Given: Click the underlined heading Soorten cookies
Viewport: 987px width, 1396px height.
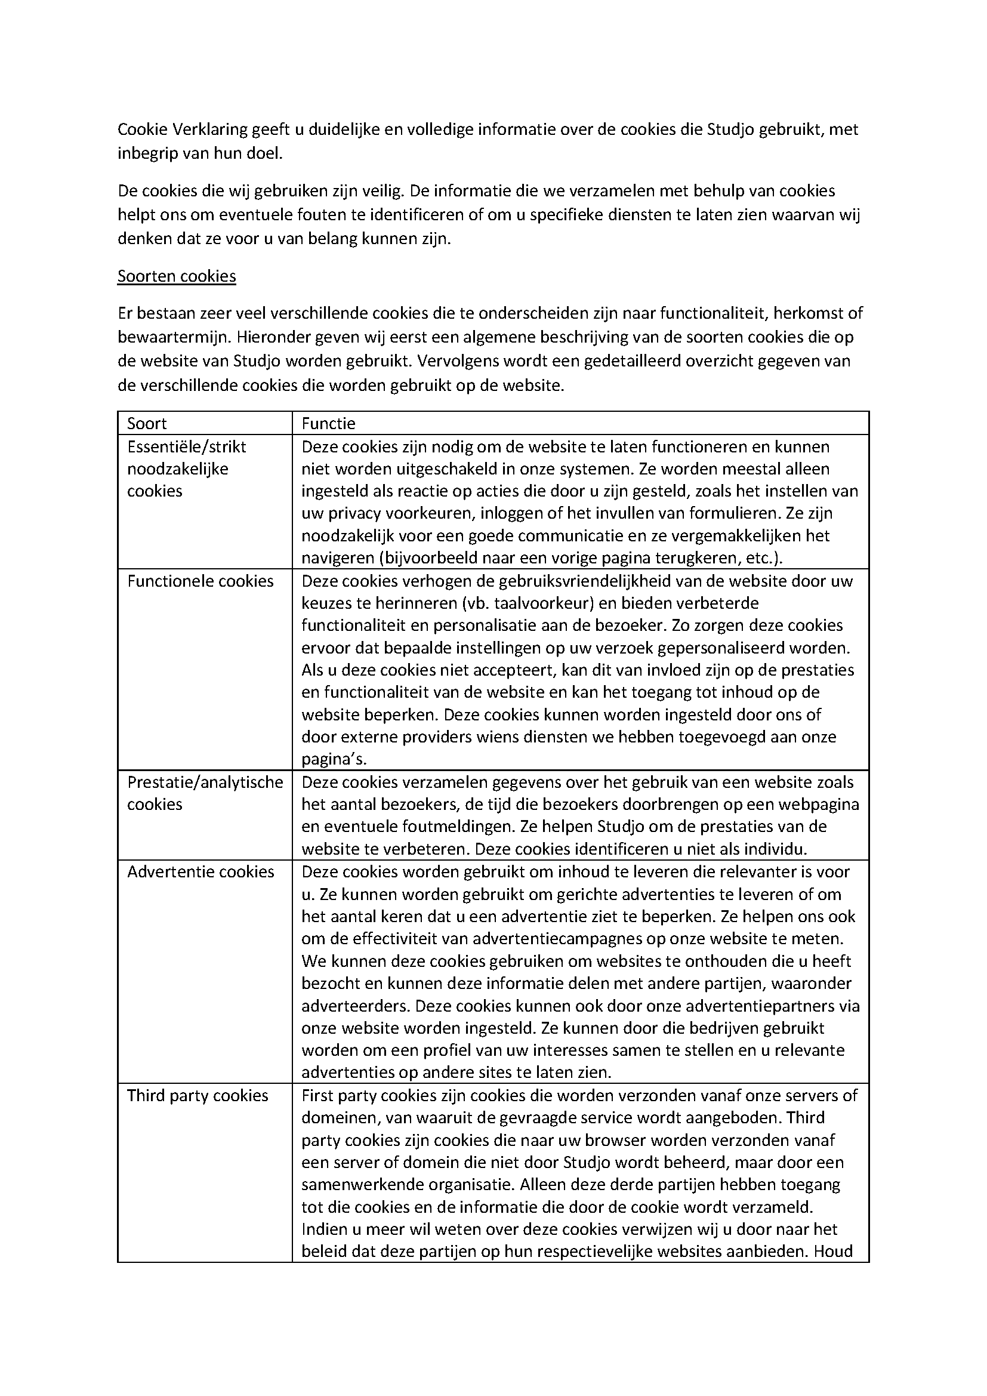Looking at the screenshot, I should coord(176,277).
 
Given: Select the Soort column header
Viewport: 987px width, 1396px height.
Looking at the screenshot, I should coord(146,423).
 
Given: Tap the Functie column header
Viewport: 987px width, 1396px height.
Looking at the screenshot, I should coord(328,423).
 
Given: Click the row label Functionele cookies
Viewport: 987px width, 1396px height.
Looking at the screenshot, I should coord(201,581).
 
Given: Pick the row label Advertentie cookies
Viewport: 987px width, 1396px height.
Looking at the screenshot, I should coord(201,872).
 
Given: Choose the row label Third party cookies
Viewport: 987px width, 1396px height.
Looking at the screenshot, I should coord(198,1096).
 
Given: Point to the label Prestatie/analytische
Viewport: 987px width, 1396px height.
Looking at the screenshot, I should coord(205,782).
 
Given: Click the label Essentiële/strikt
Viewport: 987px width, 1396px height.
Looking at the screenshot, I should coord(187,447).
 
